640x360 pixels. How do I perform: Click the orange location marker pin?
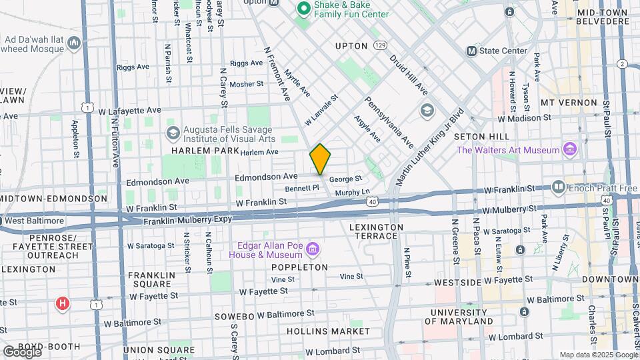(320, 159)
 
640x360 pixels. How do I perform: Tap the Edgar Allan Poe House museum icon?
(313, 250)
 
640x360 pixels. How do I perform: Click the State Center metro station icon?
(472, 51)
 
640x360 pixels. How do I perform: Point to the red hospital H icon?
(63, 305)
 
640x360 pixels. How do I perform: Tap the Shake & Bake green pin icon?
(303, 9)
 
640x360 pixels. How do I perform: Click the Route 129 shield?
(380, 45)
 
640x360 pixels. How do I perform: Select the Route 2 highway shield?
(622, 63)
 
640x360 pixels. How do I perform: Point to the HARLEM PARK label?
(196, 151)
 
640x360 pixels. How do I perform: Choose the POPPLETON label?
(299, 267)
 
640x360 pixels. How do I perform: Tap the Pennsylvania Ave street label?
(389, 123)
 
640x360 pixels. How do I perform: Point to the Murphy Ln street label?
(352, 192)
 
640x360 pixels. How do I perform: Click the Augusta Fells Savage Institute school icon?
(173, 133)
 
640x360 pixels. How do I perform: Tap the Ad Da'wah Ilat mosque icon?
(74, 43)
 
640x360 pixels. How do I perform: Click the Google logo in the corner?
(21, 351)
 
